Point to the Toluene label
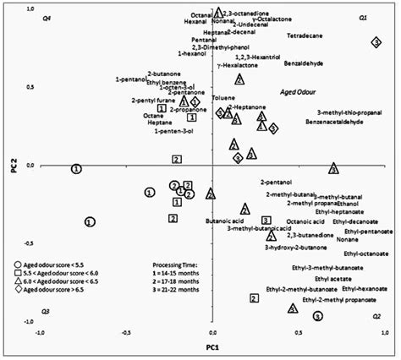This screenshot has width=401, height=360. click(223, 98)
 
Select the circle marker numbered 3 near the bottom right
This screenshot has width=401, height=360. click(317, 316)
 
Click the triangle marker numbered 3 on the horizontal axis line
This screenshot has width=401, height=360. click(334, 169)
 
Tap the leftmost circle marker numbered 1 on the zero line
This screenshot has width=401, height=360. click(76, 169)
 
